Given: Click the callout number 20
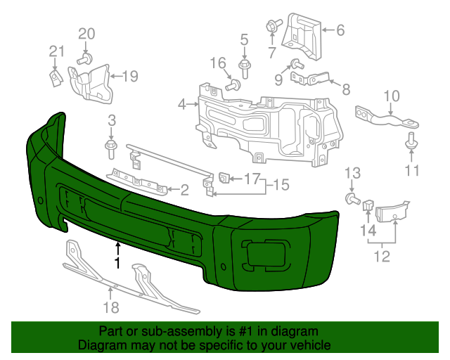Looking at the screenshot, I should pyautogui.click(x=86, y=33).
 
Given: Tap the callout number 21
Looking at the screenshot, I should pyautogui.click(x=56, y=51).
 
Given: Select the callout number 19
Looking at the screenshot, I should pyautogui.click(x=130, y=76).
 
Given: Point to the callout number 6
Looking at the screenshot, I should pyautogui.click(x=340, y=30).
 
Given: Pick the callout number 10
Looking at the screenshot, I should pyautogui.click(x=391, y=96).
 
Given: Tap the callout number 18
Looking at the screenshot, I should pyautogui.click(x=111, y=307).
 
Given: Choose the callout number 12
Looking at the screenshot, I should pyautogui.click(x=381, y=256).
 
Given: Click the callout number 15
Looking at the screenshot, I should pyautogui.click(x=281, y=185).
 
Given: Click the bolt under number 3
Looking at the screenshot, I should pyautogui.click(x=111, y=148).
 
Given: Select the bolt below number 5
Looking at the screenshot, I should pyautogui.click(x=245, y=69).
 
